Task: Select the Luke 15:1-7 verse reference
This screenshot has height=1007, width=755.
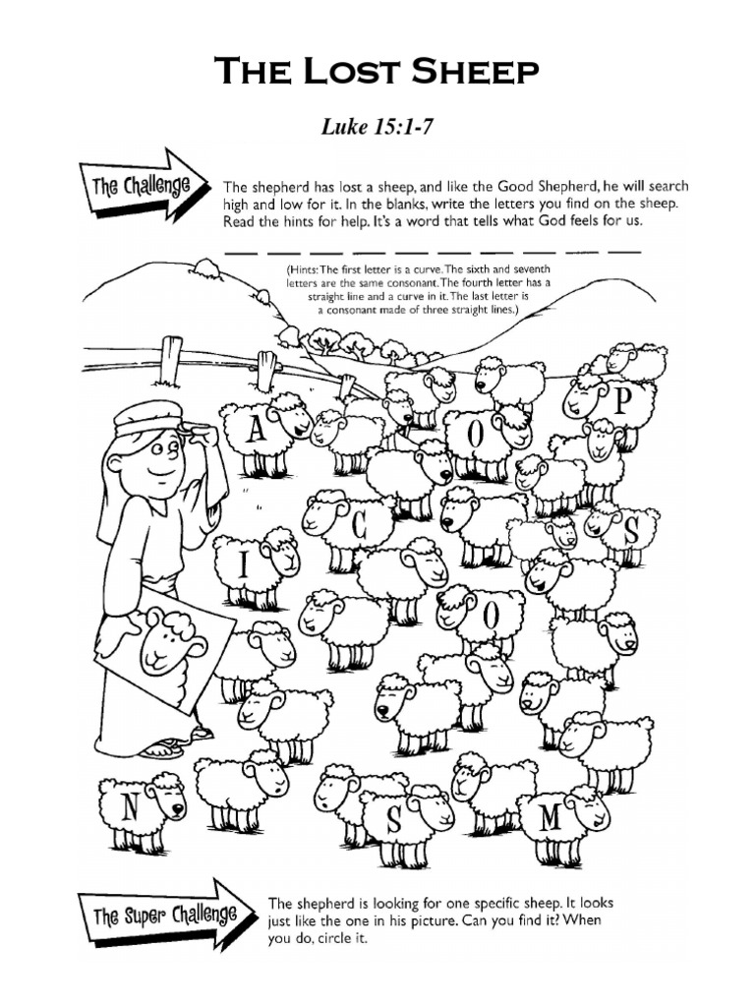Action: coord(377,127)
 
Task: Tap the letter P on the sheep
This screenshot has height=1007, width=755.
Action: coord(620,400)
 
